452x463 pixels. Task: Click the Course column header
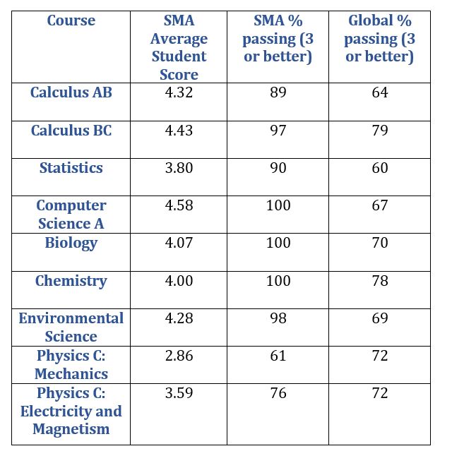tap(71, 20)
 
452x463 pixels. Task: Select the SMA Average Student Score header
tap(179, 47)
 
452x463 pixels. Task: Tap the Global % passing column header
tap(380, 39)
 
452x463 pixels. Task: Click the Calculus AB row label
tap(71, 92)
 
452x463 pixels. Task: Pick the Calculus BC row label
tap(71, 130)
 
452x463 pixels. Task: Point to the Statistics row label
tap(71, 168)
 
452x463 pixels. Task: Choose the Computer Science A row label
tap(71, 214)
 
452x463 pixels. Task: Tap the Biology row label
tap(71, 243)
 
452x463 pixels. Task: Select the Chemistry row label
tap(71, 281)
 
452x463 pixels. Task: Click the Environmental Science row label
tap(71, 327)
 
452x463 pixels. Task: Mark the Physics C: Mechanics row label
tap(71, 365)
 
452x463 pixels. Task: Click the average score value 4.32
tap(179, 92)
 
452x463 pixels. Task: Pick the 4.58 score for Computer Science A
tap(179, 205)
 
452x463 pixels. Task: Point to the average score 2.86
tap(179, 356)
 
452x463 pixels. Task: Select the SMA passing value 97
tap(278, 130)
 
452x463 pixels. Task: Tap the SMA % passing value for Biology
tap(278, 243)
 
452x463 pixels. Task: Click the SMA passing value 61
tap(278, 356)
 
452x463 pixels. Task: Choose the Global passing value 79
tap(380, 130)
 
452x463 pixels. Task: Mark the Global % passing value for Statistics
tap(380, 168)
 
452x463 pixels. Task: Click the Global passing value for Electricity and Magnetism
tap(380, 393)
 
